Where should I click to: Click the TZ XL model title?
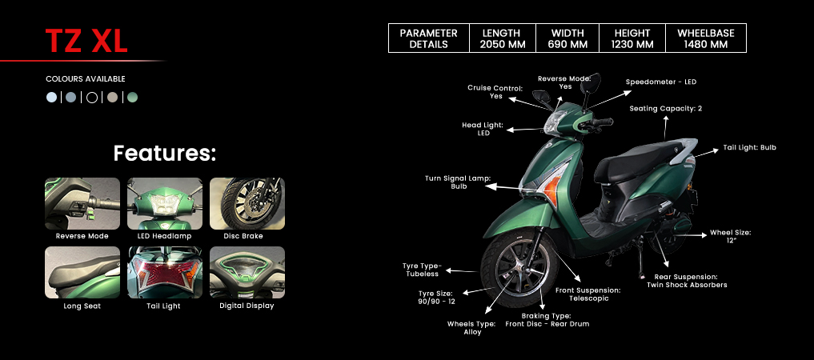click(x=86, y=41)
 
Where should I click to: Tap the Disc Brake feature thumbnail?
click(x=247, y=203)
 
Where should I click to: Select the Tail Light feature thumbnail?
click(x=165, y=272)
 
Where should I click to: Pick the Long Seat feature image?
click(x=82, y=272)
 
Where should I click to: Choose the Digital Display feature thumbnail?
click(x=247, y=272)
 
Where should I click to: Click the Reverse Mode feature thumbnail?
click(x=82, y=203)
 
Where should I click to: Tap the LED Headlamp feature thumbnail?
click(x=165, y=203)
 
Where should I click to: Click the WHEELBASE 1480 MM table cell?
click(x=705, y=38)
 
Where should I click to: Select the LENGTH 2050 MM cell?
click(x=502, y=38)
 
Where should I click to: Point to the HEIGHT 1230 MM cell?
click(x=632, y=38)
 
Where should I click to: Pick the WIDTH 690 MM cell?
click(x=568, y=38)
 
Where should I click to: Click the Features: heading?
click(x=165, y=153)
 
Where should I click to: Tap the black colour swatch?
click(x=92, y=98)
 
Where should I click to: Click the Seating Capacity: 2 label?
click(x=665, y=108)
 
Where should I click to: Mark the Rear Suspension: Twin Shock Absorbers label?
click(x=687, y=280)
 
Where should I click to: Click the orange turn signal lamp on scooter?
click(x=547, y=186)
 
